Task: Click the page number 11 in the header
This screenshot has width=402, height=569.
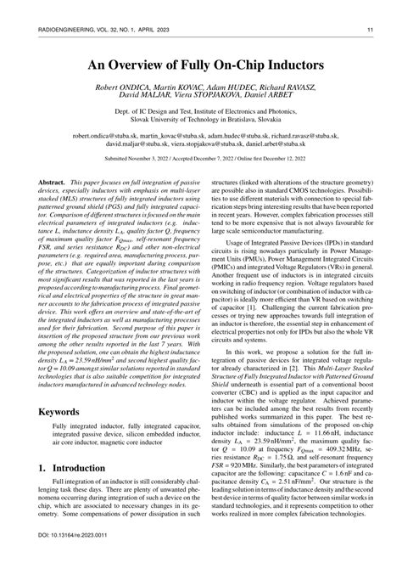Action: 371,31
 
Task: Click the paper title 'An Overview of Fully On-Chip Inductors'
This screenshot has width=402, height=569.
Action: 200,65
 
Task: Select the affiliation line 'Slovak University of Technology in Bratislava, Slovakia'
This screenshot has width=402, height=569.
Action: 200,121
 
